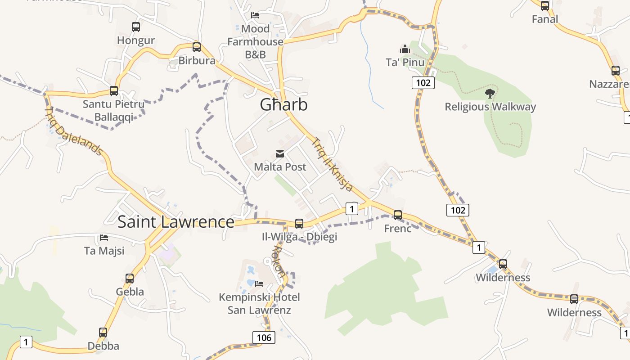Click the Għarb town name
click(x=283, y=105)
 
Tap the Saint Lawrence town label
click(x=175, y=222)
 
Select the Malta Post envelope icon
click(x=280, y=154)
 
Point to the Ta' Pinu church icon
click(x=405, y=49)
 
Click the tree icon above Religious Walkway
click(x=490, y=94)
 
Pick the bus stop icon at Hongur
click(x=136, y=27)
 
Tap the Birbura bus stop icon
click(x=197, y=47)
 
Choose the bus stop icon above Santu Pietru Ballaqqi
click(x=114, y=91)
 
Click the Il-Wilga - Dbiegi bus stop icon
click(x=299, y=223)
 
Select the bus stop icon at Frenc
click(x=397, y=215)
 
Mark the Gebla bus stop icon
click(x=130, y=279)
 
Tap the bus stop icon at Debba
click(x=103, y=333)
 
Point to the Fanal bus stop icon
click(x=545, y=6)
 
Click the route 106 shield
click(x=263, y=337)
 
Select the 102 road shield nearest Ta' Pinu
click(x=423, y=82)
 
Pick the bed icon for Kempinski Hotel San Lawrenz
click(x=259, y=283)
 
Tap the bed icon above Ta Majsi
click(x=104, y=237)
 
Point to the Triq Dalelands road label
click(x=74, y=131)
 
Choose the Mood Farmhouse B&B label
click(x=255, y=41)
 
